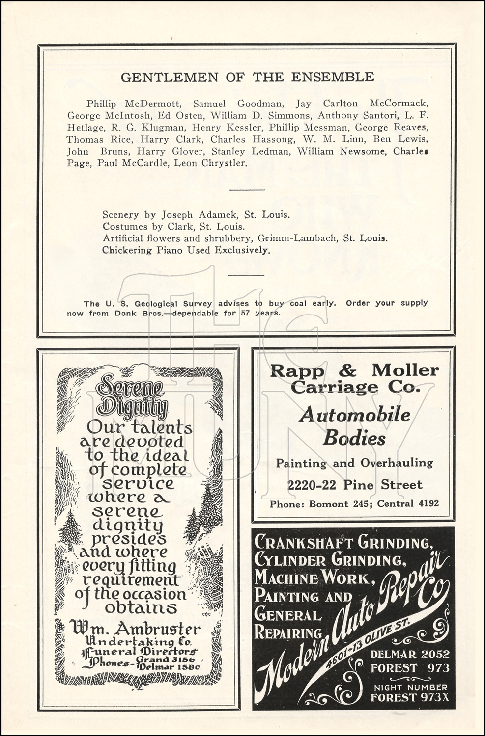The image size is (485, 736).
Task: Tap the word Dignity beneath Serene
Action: coord(133,407)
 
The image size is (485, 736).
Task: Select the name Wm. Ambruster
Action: coord(135,629)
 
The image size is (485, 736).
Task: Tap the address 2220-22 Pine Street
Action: coord(355,485)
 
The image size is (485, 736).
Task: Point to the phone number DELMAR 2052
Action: coord(409,654)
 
